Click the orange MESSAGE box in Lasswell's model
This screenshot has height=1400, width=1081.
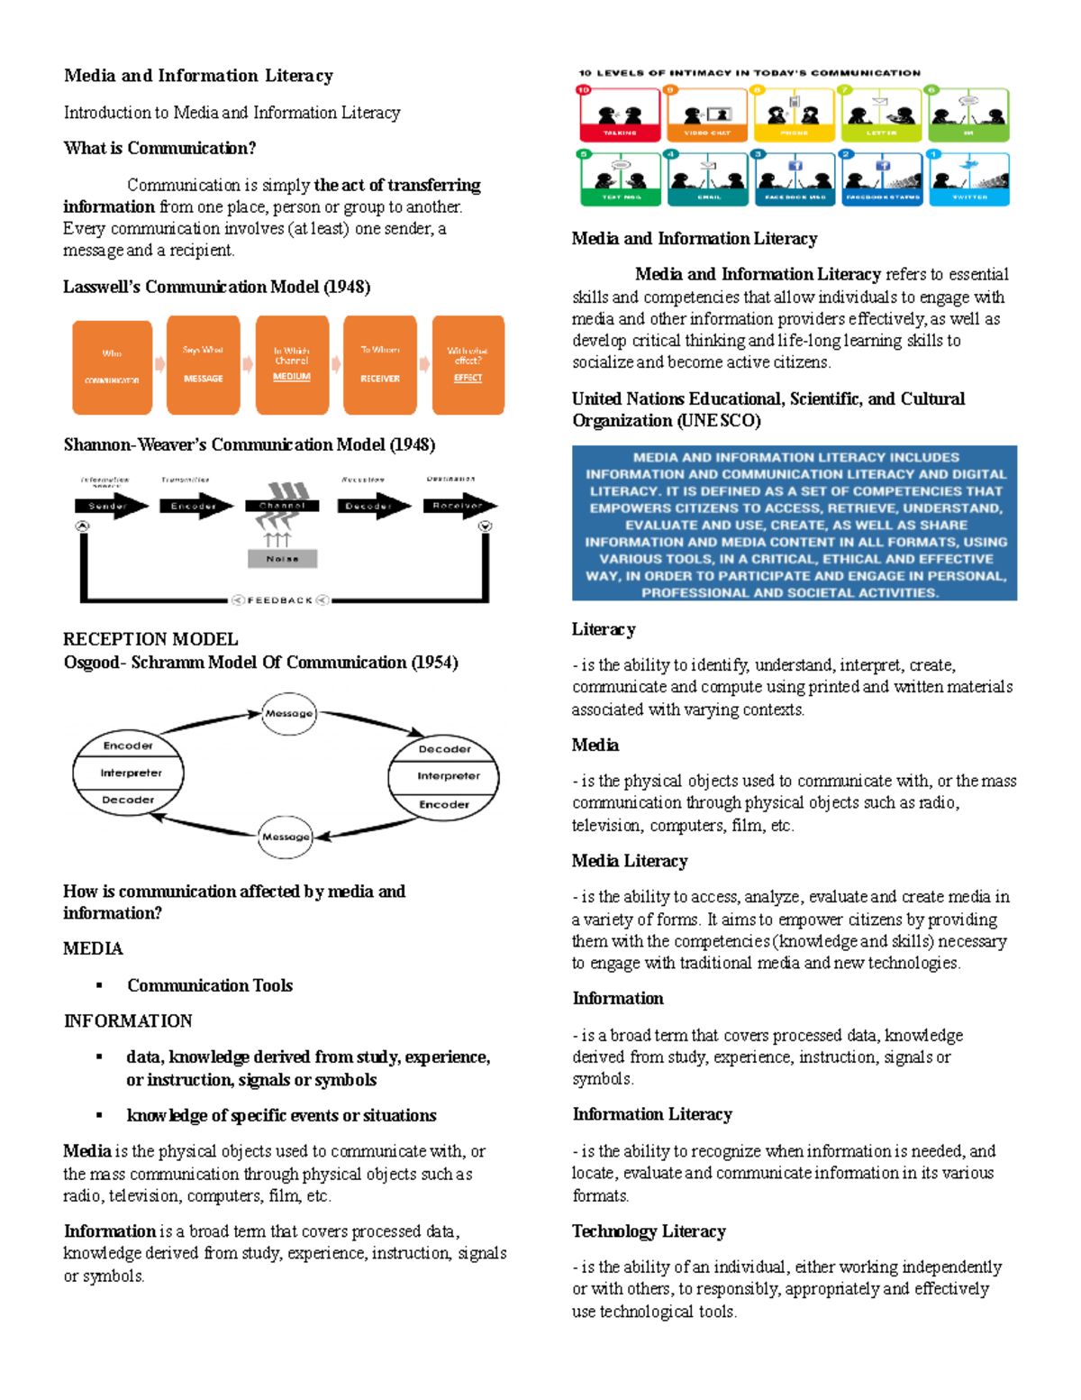[x=203, y=365]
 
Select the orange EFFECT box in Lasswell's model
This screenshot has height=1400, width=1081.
[x=468, y=365]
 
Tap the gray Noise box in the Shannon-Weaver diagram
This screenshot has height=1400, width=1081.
[x=282, y=559]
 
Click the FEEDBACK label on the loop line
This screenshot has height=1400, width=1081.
[x=280, y=600]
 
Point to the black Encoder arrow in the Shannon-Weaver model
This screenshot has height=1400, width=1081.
[x=195, y=506]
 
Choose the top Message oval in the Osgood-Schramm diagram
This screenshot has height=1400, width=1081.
[x=288, y=713]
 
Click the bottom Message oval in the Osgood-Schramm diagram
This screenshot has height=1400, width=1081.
[x=286, y=837]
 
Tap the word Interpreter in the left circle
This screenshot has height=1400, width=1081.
[x=131, y=773]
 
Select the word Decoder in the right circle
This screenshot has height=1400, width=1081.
[x=444, y=749]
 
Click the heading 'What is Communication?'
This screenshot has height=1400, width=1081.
[x=159, y=148]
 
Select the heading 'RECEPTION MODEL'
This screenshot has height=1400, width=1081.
[x=150, y=639]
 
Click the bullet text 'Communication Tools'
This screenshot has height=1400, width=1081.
[x=210, y=985]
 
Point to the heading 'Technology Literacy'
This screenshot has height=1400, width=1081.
[x=649, y=1231]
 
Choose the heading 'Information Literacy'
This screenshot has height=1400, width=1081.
[x=652, y=1114]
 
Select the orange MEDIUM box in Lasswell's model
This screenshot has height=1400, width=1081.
[x=291, y=365]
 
